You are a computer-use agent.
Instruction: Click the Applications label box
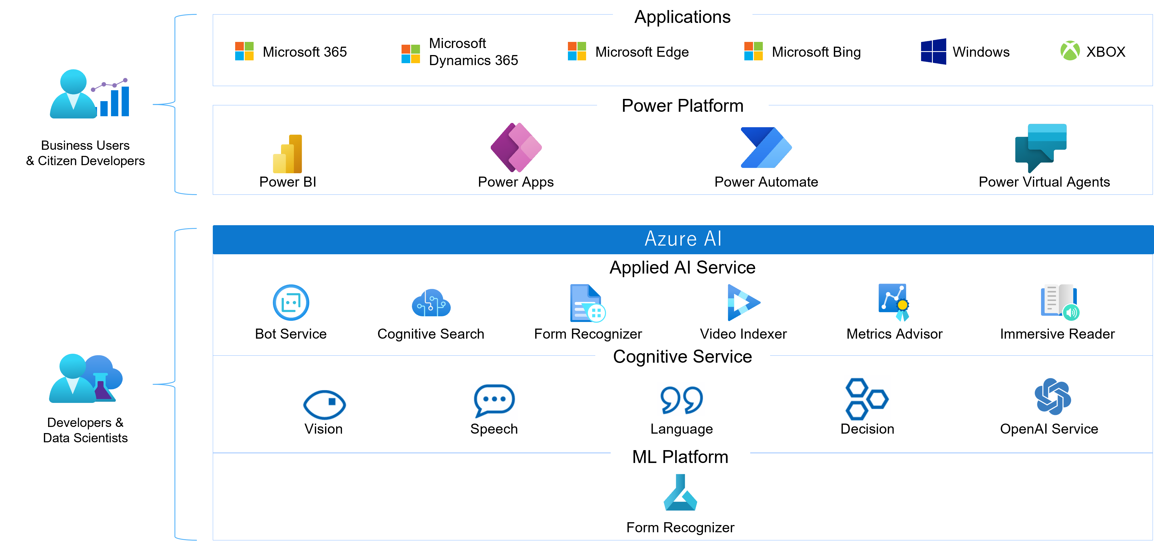pos(682,16)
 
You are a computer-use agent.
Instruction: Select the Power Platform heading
pos(682,106)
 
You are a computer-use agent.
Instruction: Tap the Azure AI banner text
pos(683,239)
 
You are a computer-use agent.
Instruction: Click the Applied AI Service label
pos(682,268)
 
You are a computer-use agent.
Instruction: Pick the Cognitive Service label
pos(682,357)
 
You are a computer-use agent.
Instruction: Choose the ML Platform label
pos(680,457)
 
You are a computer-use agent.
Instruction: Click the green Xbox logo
pos(1070,51)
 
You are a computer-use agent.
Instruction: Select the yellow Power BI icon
pos(288,154)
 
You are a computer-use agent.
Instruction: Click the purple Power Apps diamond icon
pos(516,147)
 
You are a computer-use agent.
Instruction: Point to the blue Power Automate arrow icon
pos(766,147)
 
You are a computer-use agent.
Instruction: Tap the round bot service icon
pos(291,303)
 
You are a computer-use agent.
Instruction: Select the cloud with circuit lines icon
pos(431,303)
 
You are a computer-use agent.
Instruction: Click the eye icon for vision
pos(324,405)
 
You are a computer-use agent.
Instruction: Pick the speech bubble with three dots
pos(494,402)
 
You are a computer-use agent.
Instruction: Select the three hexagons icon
pos(867,398)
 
